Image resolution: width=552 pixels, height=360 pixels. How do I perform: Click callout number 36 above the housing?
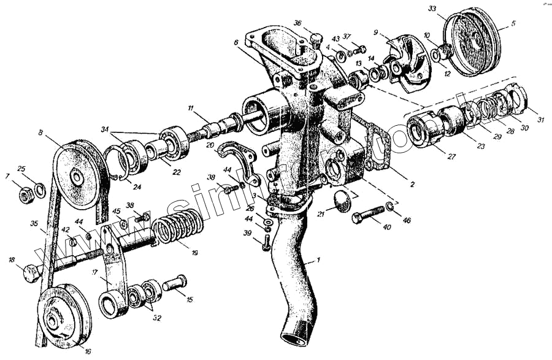297,23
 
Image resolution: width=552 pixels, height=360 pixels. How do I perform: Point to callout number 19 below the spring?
194,252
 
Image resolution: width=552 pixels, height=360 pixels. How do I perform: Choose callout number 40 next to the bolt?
386,228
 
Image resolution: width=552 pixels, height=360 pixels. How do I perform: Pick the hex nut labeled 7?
26,196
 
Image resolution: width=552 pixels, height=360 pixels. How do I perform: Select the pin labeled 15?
175,284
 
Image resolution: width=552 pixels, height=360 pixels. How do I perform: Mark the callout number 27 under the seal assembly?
452,156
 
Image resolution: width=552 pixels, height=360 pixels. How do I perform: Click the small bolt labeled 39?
266,245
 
